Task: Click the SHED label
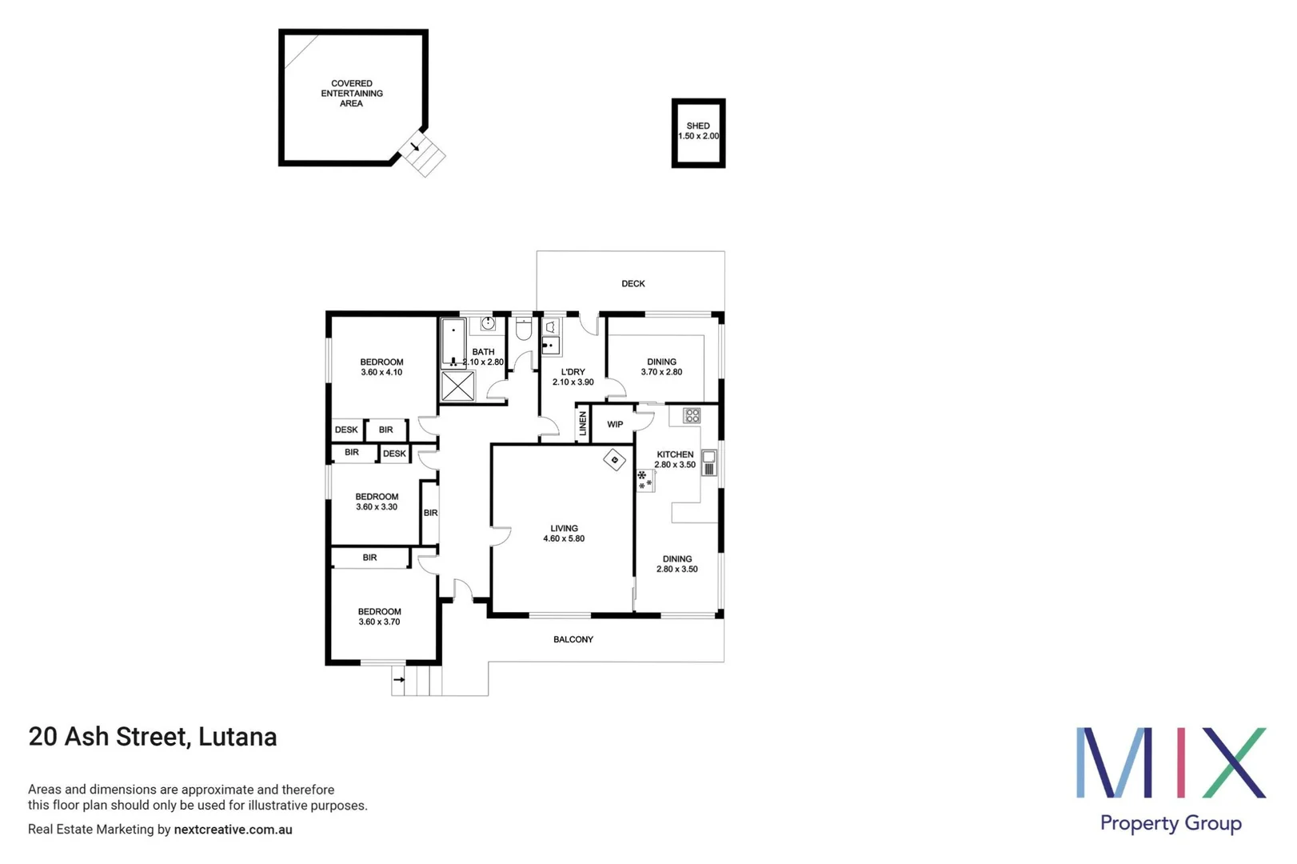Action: [x=698, y=126]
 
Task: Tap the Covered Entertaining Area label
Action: [x=352, y=94]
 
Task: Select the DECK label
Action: [x=633, y=284]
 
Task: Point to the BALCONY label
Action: [x=573, y=640]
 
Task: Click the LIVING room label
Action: [x=564, y=529]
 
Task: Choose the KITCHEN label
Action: [x=675, y=454]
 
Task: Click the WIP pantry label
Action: [x=615, y=425]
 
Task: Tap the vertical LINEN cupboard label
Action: [x=583, y=423]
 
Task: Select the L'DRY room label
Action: [x=573, y=372]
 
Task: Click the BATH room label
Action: [x=483, y=352]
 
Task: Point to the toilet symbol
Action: [x=524, y=329]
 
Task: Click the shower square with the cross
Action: [x=458, y=386]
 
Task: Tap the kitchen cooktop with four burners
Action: [x=692, y=416]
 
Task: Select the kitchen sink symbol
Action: [x=708, y=462]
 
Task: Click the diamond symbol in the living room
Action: [x=614, y=460]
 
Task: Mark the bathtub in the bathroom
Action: [x=453, y=342]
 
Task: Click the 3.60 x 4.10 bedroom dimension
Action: [x=381, y=373]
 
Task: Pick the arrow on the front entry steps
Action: [x=398, y=680]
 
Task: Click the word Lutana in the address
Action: [x=237, y=737]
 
